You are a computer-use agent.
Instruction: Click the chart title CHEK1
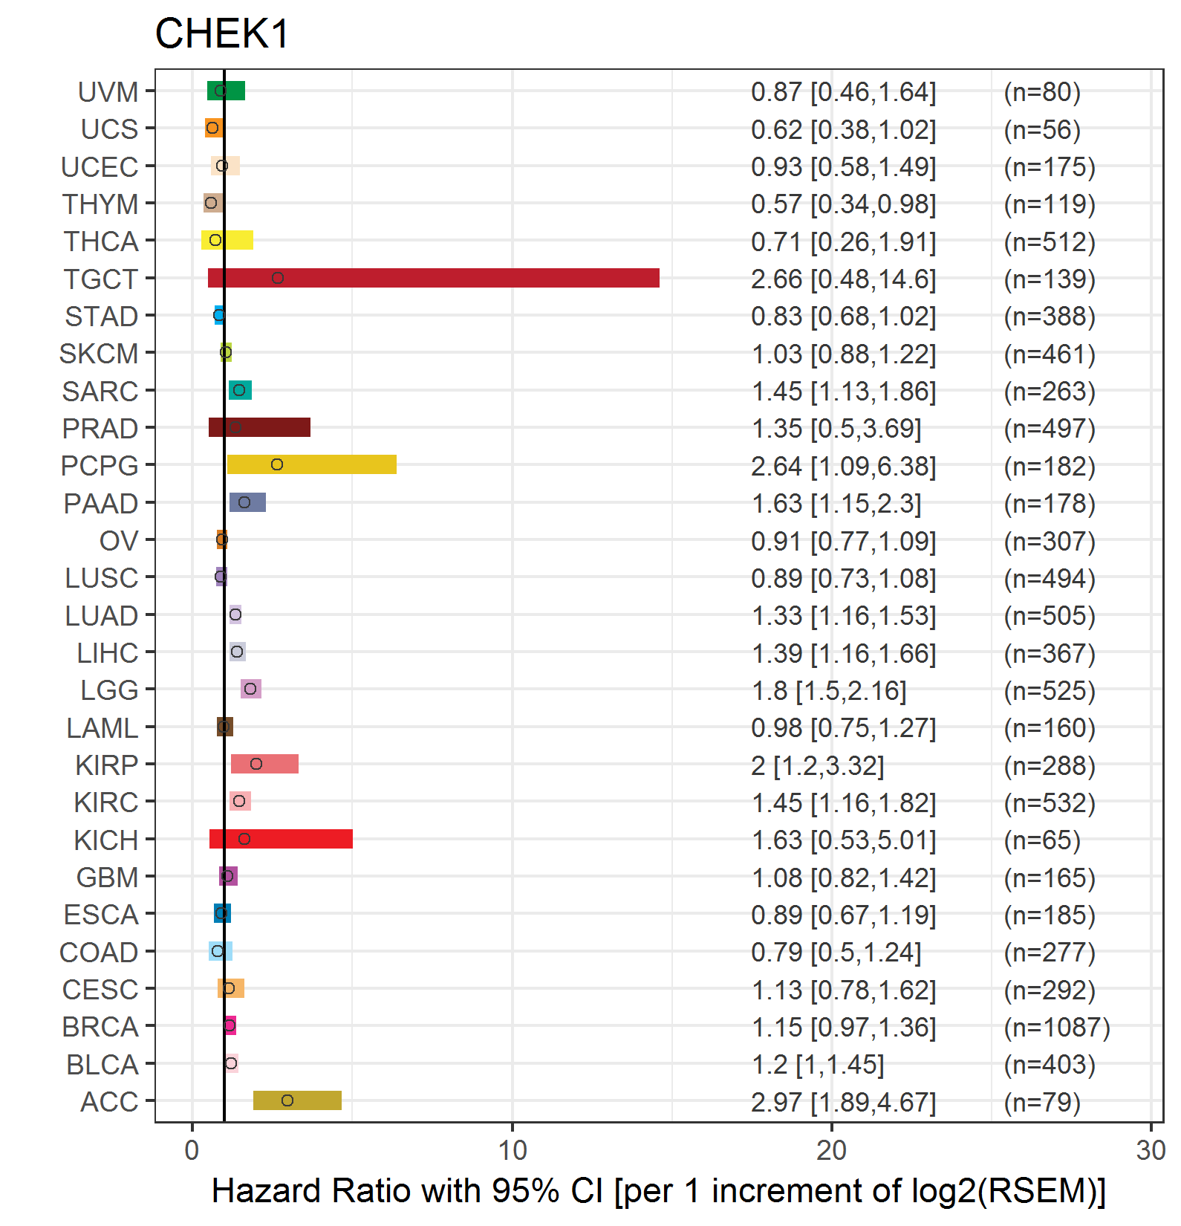pos(222,34)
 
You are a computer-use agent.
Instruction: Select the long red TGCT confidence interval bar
pos(434,278)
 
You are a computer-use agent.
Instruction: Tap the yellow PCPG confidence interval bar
pos(311,464)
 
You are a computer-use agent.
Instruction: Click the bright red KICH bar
pos(281,839)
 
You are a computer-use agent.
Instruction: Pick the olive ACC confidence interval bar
pos(297,1100)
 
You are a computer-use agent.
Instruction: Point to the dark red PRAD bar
pos(259,427)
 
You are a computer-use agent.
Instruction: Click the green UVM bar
pos(226,91)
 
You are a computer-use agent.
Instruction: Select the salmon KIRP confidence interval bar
pos(264,764)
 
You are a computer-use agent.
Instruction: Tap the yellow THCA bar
pos(227,240)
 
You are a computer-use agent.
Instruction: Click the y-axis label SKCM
pos(99,354)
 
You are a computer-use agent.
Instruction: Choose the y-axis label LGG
pos(109,690)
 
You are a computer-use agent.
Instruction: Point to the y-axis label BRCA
pos(100,1027)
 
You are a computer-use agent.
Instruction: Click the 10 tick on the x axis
pos(512,1150)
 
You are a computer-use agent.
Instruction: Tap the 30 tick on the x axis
pos(1151,1150)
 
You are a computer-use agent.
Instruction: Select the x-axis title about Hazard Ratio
pos(659,1191)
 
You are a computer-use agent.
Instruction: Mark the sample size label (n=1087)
pos(1057,1027)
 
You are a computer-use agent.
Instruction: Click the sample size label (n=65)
pos(1042,840)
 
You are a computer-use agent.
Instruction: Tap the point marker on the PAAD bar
pos(244,502)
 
